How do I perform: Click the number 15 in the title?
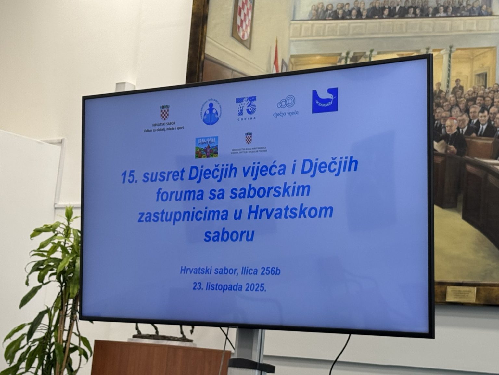(127, 177)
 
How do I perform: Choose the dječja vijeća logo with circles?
(286, 106)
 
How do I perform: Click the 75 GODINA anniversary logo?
(246, 107)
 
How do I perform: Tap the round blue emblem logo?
(210, 112)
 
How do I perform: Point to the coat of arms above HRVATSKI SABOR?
(165, 112)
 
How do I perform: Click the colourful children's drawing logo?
(206, 147)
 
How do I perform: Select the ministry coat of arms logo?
(249, 138)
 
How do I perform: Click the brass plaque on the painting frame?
(460, 294)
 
